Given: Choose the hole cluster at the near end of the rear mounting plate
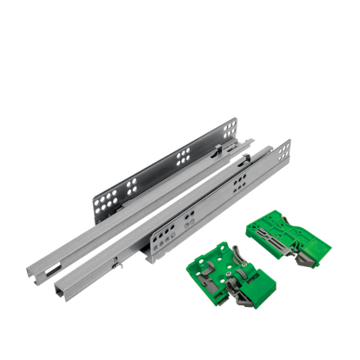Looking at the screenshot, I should pyautogui.click(x=110, y=203).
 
